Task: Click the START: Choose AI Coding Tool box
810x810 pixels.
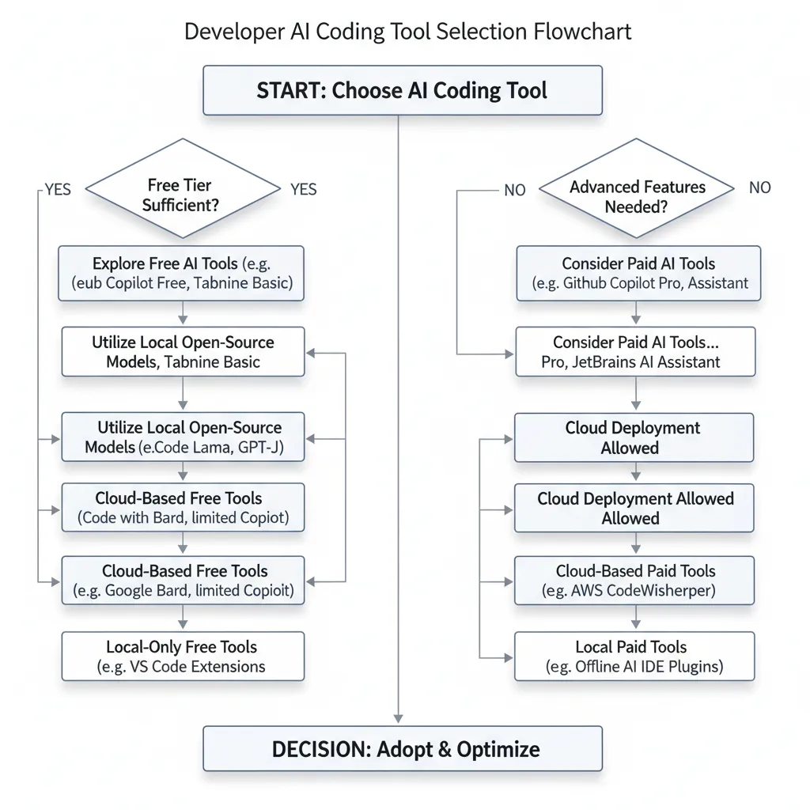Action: tap(403, 90)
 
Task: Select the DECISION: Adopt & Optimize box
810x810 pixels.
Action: tap(403, 748)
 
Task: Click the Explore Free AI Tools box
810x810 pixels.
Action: tap(181, 274)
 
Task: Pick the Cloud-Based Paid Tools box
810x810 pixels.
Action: tap(635, 581)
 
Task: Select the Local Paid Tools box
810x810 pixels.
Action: tap(634, 657)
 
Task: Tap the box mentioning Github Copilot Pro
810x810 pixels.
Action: tap(638, 274)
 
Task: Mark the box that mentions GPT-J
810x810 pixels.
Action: tap(183, 437)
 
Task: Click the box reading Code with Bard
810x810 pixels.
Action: tap(183, 508)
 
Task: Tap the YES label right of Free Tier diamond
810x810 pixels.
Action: tap(303, 189)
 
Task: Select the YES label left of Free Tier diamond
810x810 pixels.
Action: tap(57, 189)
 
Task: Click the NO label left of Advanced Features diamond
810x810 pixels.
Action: tap(514, 190)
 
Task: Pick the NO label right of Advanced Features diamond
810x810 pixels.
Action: tap(759, 187)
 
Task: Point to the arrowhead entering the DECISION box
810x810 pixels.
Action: tap(398, 718)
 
